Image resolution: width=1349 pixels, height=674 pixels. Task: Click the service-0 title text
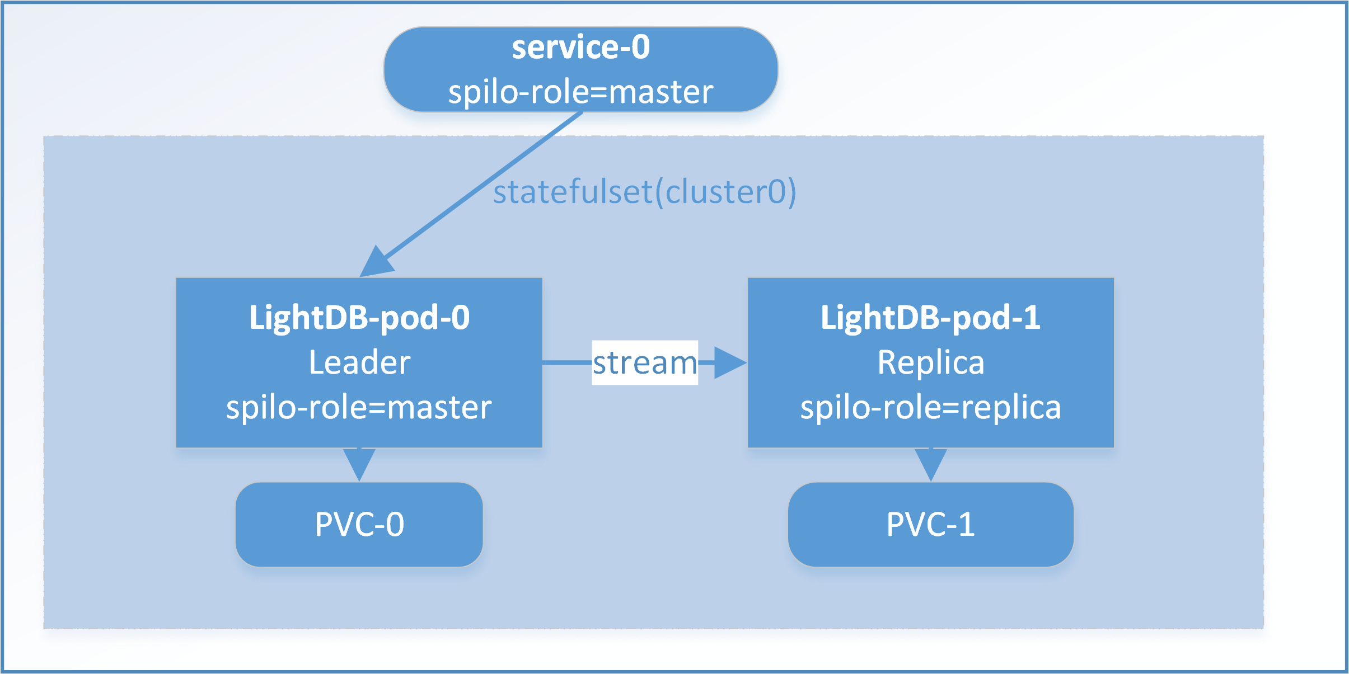(x=580, y=47)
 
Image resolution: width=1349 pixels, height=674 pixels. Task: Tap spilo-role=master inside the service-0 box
(x=580, y=92)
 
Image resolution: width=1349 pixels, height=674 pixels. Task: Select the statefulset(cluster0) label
(x=644, y=192)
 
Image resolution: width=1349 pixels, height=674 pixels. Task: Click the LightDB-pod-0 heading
(x=359, y=317)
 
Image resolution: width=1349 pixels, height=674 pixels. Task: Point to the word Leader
(x=359, y=362)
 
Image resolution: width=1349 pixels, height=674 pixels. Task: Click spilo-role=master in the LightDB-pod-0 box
(x=359, y=407)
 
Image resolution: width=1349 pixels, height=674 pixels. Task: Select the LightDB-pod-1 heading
(x=930, y=317)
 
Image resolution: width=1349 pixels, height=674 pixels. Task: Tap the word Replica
(x=930, y=362)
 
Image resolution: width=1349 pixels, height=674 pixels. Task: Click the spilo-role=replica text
(x=930, y=407)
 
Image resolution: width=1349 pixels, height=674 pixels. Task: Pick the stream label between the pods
(x=645, y=362)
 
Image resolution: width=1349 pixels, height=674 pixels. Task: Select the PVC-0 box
(x=359, y=524)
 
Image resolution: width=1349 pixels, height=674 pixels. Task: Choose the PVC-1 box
(x=930, y=524)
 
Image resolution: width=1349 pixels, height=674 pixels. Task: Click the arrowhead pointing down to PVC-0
(x=359, y=463)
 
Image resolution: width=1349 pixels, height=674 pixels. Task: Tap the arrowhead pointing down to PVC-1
(x=930, y=463)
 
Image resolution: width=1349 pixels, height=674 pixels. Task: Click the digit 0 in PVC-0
(x=395, y=525)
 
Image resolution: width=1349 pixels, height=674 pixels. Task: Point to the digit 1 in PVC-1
(x=966, y=525)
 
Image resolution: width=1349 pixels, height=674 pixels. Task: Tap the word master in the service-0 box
(x=661, y=92)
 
